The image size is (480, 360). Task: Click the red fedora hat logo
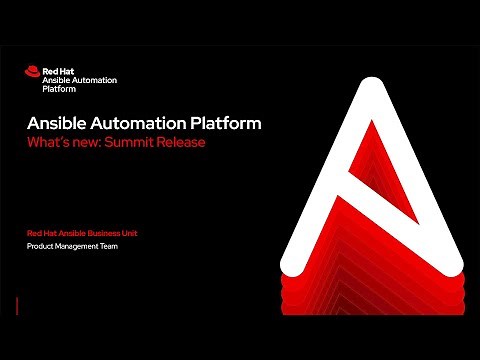click(31, 71)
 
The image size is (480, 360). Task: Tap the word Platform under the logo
click(58, 87)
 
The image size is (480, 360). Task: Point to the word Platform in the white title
click(227, 124)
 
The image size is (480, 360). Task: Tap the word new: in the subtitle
click(88, 142)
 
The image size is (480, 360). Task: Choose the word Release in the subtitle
click(184, 142)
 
